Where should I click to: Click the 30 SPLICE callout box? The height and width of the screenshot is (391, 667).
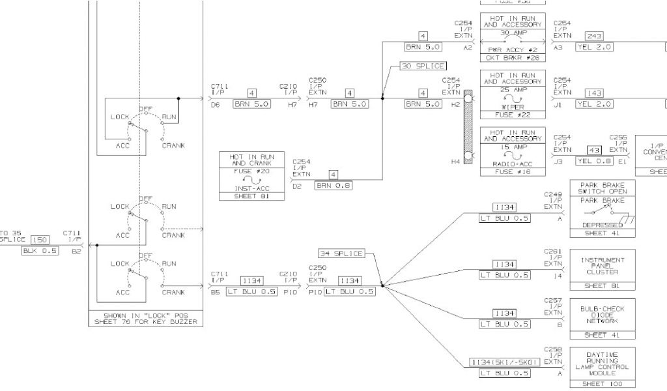[x=423, y=66]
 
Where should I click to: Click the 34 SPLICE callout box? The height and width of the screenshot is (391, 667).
[x=341, y=253]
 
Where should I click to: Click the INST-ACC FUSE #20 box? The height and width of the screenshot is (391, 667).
[x=251, y=177]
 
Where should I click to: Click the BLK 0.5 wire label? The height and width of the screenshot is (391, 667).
[x=40, y=251]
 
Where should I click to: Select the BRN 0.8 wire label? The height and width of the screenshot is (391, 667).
[x=333, y=186]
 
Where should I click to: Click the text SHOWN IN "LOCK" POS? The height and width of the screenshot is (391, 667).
[x=146, y=315]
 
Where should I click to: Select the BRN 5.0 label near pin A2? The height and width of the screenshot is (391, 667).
[x=423, y=47]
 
